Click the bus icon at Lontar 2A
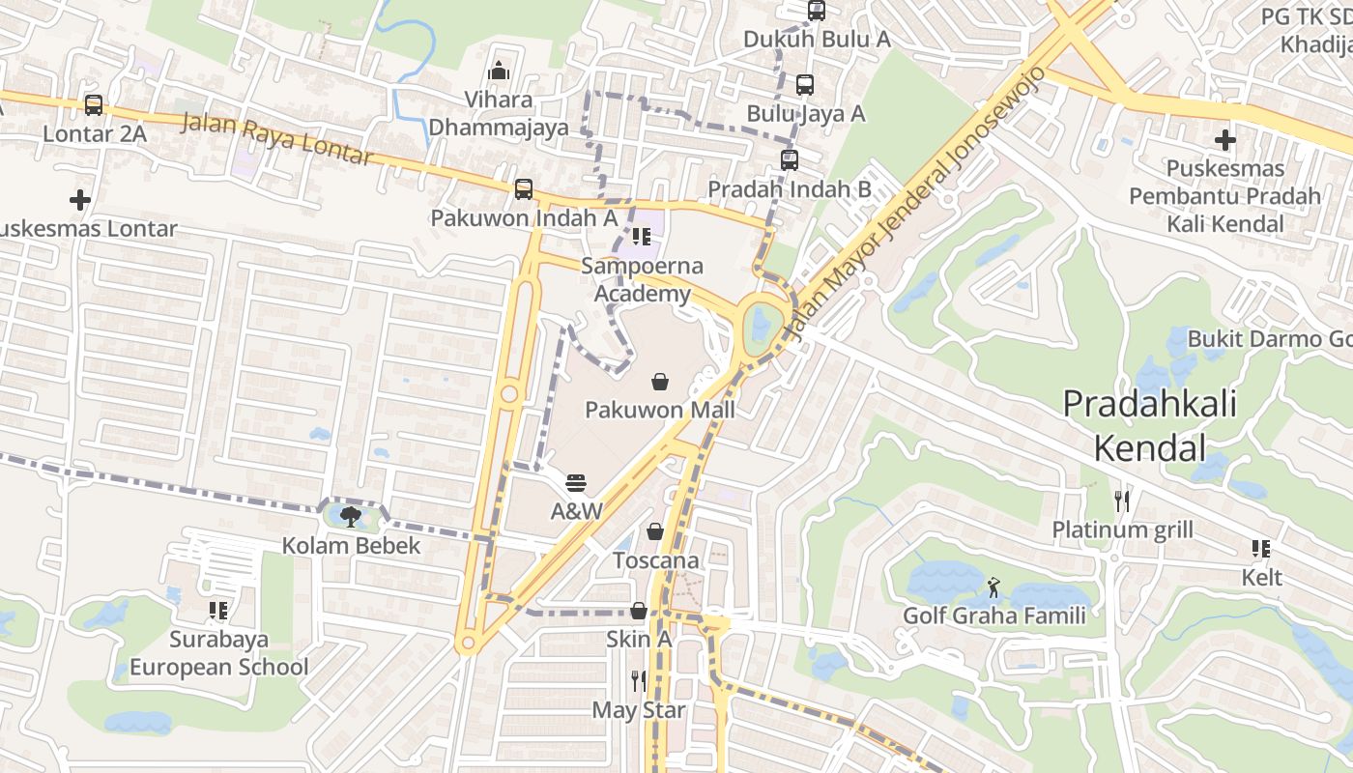tap(94, 105)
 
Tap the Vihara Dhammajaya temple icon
tap(499, 71)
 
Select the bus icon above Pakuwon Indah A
tap(524, 189)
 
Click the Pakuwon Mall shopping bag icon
tap(660, 382)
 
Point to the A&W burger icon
tap(577, 482)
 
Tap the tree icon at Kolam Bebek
tap(351, 516)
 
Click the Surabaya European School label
tap(219, 653)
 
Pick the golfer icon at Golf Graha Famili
tap(993, 587)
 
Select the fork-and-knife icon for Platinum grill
tap(1122, 501)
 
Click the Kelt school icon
tap(1261, 549)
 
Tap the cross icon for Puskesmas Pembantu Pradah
tap(1225, 140)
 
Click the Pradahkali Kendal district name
tap(1149, 425)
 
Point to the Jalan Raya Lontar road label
tap(276, 138)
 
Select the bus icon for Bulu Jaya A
tap(805, 85)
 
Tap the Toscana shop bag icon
tap(655, 531)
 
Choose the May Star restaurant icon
tap(639, 681)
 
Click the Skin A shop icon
tap(639, 611)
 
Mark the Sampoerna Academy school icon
tap(641, 236)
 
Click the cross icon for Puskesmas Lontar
tap(80, 200)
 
